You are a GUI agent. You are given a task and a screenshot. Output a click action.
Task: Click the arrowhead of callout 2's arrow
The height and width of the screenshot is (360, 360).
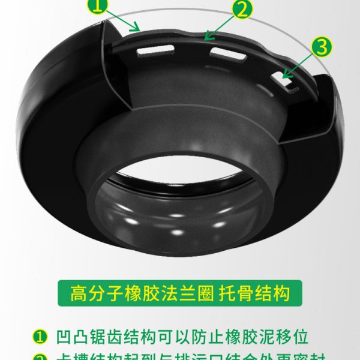pyautogui.click(x=206, y=38)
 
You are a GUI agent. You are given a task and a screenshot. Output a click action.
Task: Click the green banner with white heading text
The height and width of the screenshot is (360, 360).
pyautogui.click(x=179, y=294)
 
